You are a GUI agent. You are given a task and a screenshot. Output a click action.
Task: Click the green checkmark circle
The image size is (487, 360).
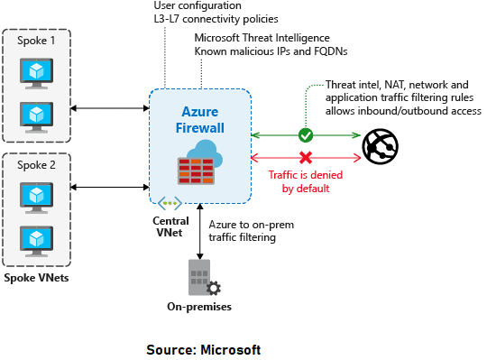click(x=306, y=135)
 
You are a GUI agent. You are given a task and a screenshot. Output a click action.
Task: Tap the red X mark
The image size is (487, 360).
click(x=306, y=156)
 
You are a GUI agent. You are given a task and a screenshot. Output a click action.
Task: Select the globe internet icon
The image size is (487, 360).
click(x=380, y=146)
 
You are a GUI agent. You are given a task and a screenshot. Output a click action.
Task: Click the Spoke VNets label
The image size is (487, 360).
click(x=36, y=277)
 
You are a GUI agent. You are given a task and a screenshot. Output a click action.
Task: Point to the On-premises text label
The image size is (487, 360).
click(x=199, y=307)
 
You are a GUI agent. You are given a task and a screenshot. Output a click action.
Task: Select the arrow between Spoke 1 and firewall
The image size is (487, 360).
click(x=109, y=109)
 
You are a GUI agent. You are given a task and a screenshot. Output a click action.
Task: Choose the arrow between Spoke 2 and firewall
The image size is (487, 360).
click(x=109, y=189)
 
